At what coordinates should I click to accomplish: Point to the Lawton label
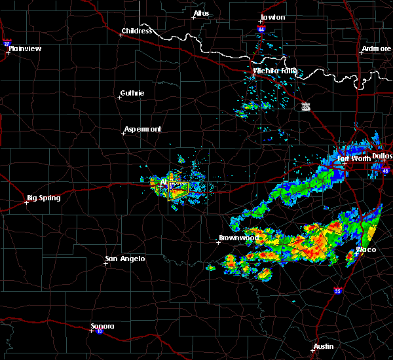(272, 17)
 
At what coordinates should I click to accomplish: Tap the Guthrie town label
(133, 93)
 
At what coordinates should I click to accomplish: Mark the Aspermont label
(143, 129)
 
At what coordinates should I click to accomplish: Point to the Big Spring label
(44, 198)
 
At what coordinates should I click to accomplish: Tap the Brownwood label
(239, 238)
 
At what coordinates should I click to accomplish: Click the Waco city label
(366, 250)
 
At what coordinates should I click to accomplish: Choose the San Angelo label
(125, 259)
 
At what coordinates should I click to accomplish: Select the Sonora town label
(103, 326)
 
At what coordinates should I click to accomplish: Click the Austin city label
(323, 346)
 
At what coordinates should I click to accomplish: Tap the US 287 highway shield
(306, 106)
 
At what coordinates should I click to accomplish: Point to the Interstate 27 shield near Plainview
(7, 43)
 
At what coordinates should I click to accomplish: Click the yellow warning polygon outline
(179, 190)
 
